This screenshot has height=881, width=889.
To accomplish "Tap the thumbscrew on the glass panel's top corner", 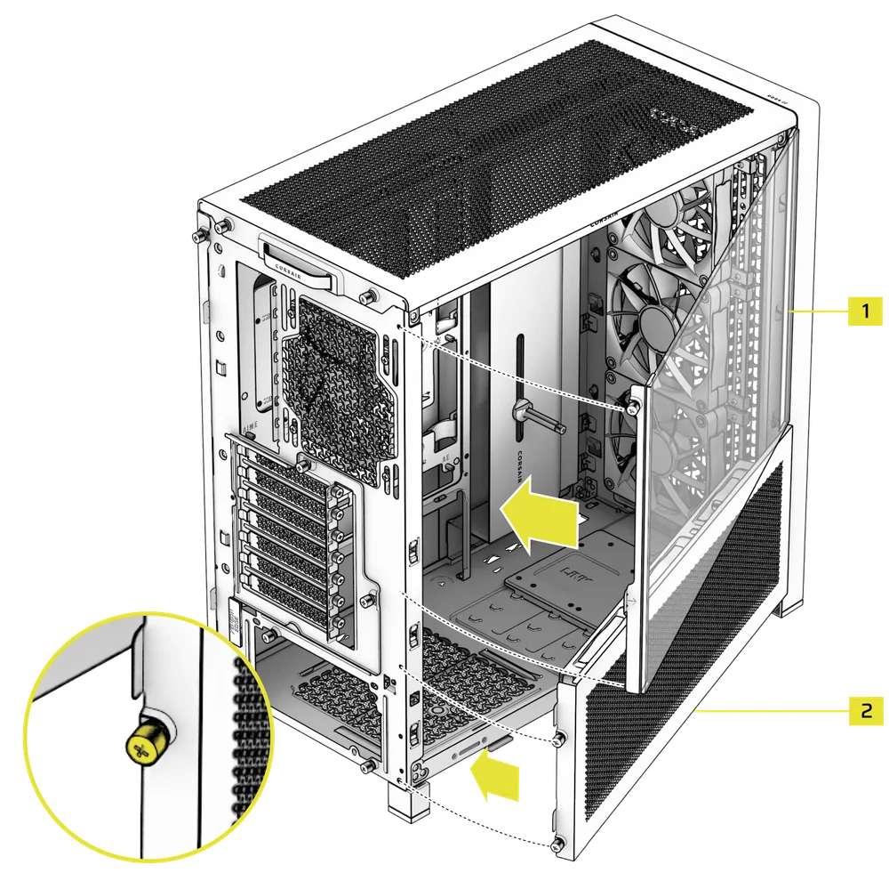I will tap(632, 405).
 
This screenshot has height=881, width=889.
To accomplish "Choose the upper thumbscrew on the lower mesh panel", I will tap(557, 739).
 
